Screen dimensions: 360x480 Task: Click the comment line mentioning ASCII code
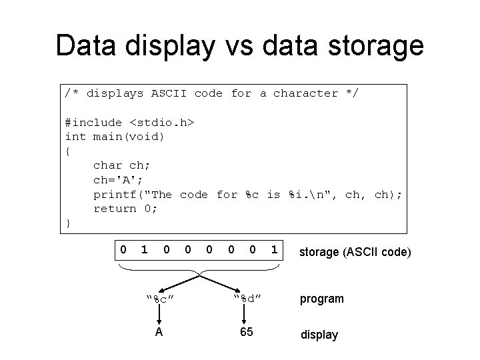211,93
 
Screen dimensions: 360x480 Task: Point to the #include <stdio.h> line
129,122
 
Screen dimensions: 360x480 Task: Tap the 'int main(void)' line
115,137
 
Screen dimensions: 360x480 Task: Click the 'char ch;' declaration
119,165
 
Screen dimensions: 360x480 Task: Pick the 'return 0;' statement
125,209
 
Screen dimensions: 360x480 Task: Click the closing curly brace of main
68,223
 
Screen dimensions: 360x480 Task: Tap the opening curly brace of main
68,151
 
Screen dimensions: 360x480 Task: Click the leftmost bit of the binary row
123,250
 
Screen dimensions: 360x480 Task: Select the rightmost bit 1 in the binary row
274,250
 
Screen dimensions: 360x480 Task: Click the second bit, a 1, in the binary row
144,250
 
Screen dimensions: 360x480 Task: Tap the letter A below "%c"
159,332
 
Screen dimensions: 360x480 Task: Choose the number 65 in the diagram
246,332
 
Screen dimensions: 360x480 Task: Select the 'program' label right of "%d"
322,299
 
